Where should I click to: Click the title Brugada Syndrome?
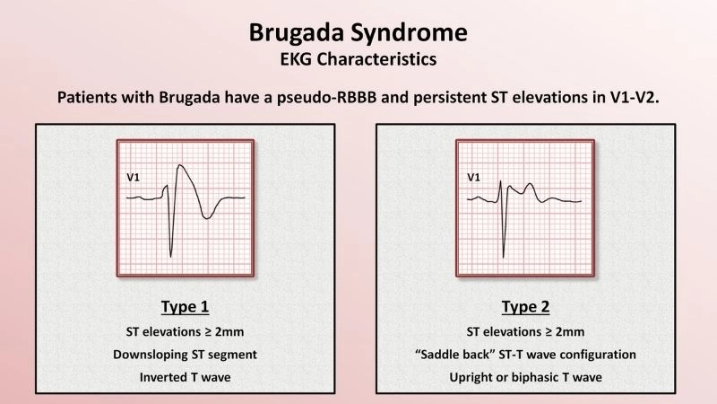[x=358, y=33]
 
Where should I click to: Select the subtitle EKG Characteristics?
[x=358, y=60]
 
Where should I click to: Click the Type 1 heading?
[x=184, y=307]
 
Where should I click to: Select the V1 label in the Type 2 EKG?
[x=474, y=178]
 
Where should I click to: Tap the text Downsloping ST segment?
[x=184, y=355]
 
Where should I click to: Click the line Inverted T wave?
[x=184, y=377]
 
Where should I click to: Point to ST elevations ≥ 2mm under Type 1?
[x=184, y=332]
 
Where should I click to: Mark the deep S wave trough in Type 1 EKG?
[x=171, y=254]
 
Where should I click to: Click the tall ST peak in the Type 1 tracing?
[x=181, y=165]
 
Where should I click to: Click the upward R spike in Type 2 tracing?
[x=510, y=172]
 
